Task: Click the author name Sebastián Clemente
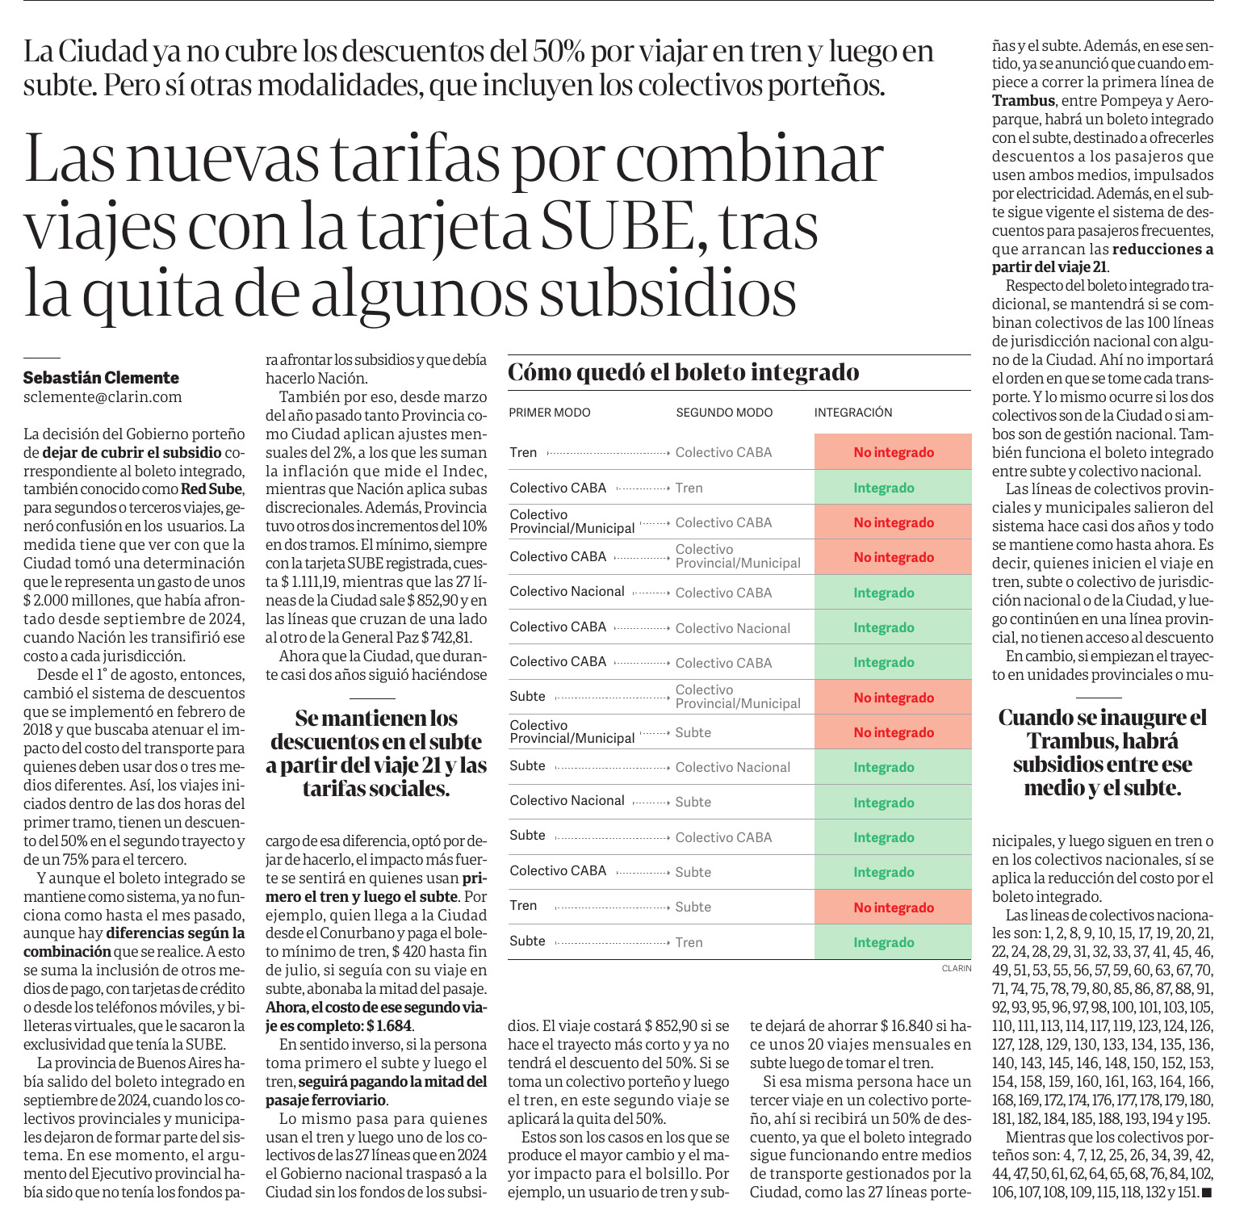tap(101, 378)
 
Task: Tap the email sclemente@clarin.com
tap(103, 397)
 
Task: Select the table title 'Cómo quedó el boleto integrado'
tap(684, 372)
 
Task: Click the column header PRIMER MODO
tap(550, 413)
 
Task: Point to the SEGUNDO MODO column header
tap(724, 413)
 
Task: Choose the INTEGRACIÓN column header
tap(853, 413)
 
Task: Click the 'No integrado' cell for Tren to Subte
tap(894, 908)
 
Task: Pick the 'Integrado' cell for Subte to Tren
tap(884, 942)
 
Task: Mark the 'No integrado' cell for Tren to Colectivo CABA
tap(894, 452)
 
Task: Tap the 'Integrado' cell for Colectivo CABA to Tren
tap(884, 488)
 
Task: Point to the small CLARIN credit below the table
tap(957, 968)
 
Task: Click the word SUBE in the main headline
tap(617, 225)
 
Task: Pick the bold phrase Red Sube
tap(211, 488)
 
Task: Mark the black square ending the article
tap(1207, 1193)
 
